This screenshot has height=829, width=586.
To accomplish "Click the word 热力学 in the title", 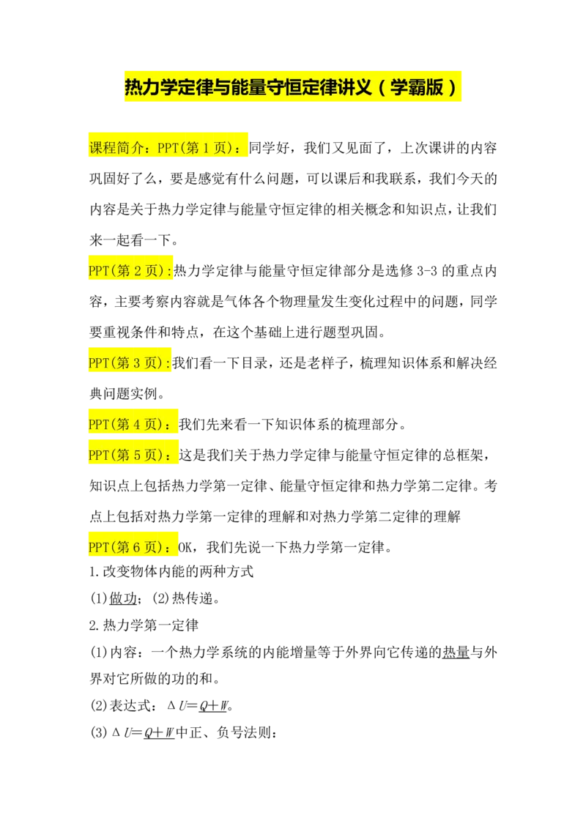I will [151, 88].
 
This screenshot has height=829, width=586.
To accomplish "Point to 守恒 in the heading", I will [286, 88].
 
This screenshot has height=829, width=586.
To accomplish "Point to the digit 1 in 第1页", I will [207, 148].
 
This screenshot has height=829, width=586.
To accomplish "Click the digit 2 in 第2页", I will [135, 271].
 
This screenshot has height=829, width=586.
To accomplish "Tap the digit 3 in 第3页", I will [135, 363].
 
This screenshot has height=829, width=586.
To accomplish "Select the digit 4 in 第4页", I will [135, 425].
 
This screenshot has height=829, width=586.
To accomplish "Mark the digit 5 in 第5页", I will [135, 456].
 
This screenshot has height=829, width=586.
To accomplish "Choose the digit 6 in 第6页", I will [135, 548].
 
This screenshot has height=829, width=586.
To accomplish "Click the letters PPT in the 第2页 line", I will [98, 271].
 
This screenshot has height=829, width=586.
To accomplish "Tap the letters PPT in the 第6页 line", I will [98, 548].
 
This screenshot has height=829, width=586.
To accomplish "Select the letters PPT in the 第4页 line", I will [98, 425].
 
